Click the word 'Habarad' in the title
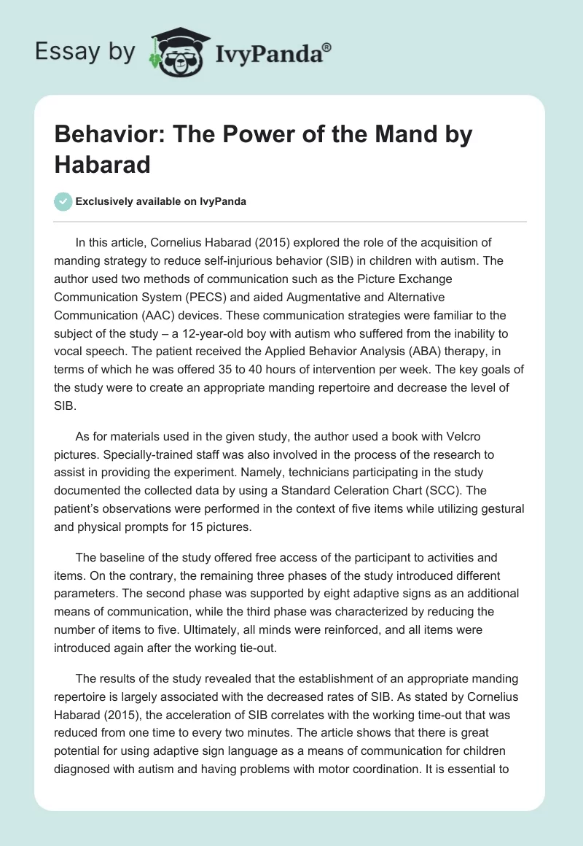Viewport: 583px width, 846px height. point(101,163)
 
